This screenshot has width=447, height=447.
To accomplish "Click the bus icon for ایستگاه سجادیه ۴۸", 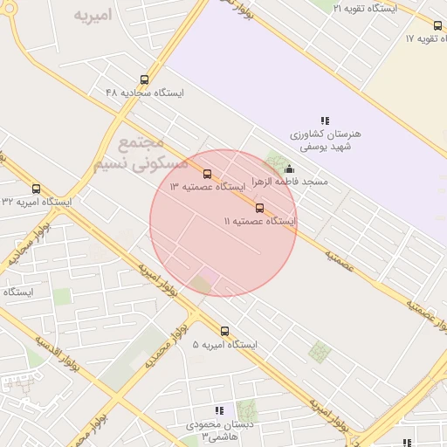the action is point(144,80).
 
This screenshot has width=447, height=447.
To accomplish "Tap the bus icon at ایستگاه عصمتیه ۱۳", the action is point(207,174).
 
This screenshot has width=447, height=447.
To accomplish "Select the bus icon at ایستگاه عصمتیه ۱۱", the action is point(259,208).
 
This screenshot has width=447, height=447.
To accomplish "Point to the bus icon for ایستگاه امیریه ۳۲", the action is point(36,189).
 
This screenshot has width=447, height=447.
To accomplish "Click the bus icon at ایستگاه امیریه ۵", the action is point(224,331).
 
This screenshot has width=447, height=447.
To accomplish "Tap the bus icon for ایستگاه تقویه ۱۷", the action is point(437,26).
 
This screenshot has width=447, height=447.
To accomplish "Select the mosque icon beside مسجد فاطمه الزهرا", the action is point(290,169).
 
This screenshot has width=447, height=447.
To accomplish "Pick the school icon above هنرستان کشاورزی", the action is point(325,120).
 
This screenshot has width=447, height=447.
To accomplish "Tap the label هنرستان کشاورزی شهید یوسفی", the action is point(325,141).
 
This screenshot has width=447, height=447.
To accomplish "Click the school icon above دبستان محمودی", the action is point(219,410).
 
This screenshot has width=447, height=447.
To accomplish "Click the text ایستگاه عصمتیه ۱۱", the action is point(259,222).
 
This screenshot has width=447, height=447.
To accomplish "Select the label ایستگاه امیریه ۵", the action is point(225,345).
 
